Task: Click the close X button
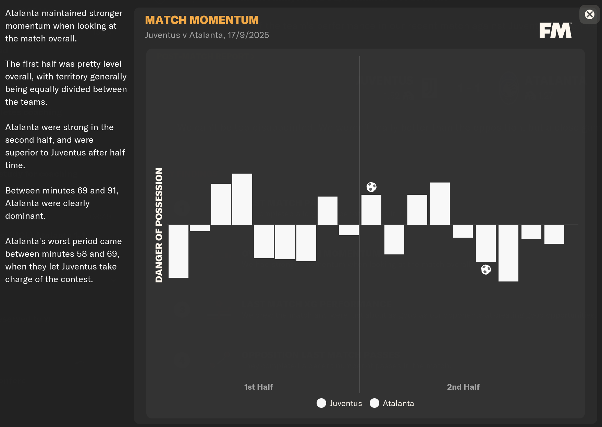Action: [589, 14]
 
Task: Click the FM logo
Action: [555, 30]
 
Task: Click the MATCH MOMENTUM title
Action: [201, 20]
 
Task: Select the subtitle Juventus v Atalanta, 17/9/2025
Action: [207, 35]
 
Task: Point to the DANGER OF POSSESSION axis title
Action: [159, 225]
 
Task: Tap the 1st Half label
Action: [258, 387]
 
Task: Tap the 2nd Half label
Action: [463, 387]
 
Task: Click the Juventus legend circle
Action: [321, 403]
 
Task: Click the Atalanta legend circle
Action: [374, 403]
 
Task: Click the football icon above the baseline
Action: [371, 187]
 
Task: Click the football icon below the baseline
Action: [486, 269]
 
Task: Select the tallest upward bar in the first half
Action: [242, 199]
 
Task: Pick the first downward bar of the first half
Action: [179, 251]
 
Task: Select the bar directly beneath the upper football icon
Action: [371, 210]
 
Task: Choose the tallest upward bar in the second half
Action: [440, 203]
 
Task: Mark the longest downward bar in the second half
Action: [508, 253]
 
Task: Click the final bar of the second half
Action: [554, 234]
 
